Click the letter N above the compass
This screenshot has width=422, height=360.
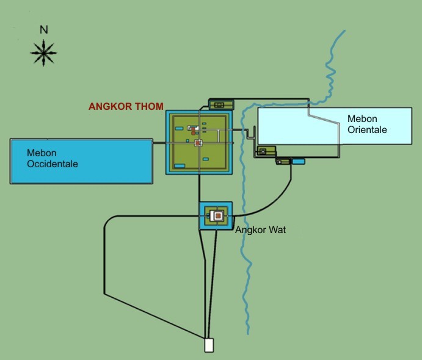pyautogui.click(x=44, y=29)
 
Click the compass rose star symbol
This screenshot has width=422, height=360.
pyautogui.click(x=43, y=53)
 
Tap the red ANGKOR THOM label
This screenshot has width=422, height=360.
pyautogui.click(x=126, y=106)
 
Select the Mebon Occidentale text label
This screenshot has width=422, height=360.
pyautogui.click(x=53, y=159)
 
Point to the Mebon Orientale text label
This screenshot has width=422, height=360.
pyautogui.click(x=367, y=124)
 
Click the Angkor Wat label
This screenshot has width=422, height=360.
pyautogui.click(x=261, y=230)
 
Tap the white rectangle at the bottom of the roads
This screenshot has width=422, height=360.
pyautogui.click(x=209, y=345)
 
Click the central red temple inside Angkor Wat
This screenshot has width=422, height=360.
pyautogui.click(x=218, y=215)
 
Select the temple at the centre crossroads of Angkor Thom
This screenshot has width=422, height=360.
pyautogui.click(x=198, y=143)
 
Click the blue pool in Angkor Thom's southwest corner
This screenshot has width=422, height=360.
pyautogui.click(x=180, y=166)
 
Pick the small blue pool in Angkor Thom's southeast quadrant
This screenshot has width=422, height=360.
pyautogui.click(x=206, y=159)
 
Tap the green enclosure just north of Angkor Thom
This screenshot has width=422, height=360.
pyautogui.click(x=221, y=104)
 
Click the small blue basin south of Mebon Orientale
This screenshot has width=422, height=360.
pyautogui.click(x=298, y=161)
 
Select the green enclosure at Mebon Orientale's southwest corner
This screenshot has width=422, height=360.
pyautogui.click(x=266, y=151)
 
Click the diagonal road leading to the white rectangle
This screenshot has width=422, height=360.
pyautogui.click(x=154, y=316)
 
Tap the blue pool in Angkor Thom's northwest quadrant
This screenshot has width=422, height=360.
pyautogui.click(x=179, y=129)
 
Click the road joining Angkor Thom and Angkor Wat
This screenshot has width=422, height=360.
pyautogui.click(x=199, y=188)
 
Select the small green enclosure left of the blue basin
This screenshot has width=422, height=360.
pyautogui.click(x=283, y=162)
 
